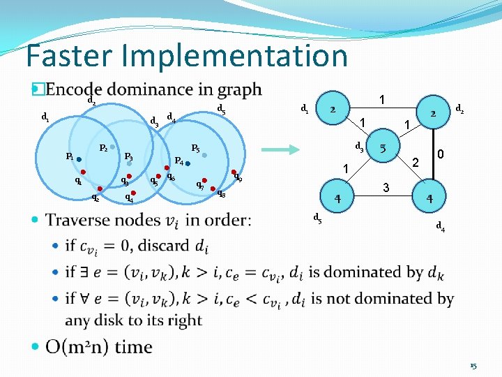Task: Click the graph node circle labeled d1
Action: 334,109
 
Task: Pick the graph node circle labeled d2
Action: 433,113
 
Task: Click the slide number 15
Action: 473,365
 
